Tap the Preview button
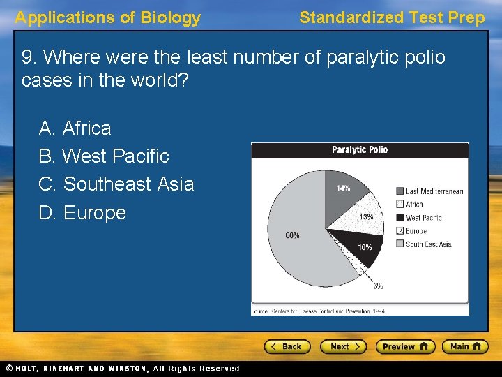click(405, 346)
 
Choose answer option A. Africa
click(75, 128)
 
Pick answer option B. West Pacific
click(104, 156)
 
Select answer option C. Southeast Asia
click(116, 184)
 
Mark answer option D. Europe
click(82, 212)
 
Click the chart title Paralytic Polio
click(360, 150)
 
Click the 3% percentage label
click(378, 286)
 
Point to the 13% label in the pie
click(366, 217)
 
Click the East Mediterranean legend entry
click(429, 191)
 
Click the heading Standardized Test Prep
click(391, 18)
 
